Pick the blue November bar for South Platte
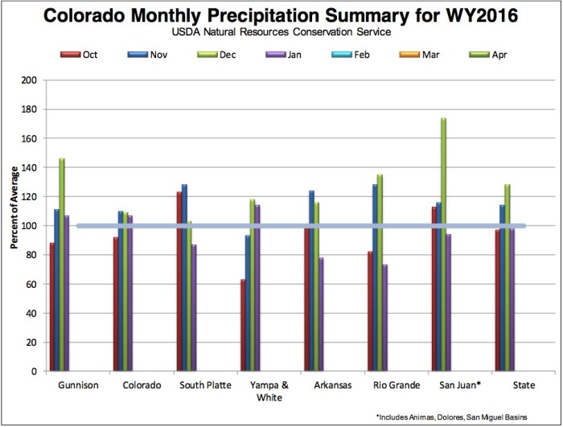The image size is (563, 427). [184, 277]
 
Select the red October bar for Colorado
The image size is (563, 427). [116, 304]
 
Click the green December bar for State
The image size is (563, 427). [508, 277]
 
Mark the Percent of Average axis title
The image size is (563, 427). [14, 226]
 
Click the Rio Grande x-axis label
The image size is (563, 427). [397, 385]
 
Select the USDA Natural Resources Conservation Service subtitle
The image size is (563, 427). [281, 33]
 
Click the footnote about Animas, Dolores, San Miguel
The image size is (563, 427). [466, 417]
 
